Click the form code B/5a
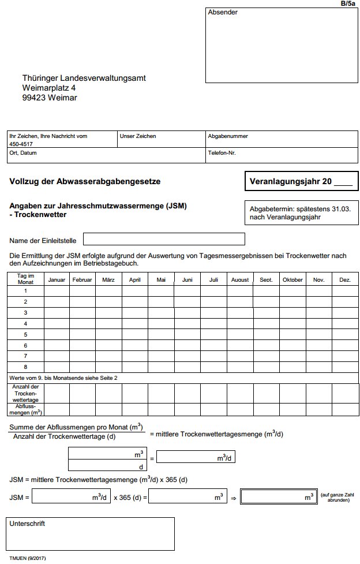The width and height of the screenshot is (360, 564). pos(348,3)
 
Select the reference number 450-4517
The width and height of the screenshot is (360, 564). pos(21,144)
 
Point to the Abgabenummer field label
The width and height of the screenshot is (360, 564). pos(228,136)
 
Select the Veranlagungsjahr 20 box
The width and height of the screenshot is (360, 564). pos(301,181)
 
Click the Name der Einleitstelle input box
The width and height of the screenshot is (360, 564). pos(164,239)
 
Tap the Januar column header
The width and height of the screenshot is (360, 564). pos(57,280)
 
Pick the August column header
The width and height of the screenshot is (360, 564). pos(240,280)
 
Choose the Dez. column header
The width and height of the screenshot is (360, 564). pos(345,280)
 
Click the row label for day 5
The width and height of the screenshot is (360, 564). pos(25,334)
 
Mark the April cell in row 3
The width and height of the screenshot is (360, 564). pos(135,312)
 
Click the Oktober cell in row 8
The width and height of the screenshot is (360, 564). pos(292,367)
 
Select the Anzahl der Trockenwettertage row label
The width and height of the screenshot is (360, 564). pos(25,393)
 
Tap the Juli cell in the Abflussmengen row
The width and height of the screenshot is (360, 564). pos(213,409)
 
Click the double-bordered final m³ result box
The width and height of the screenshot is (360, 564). pos(279,497)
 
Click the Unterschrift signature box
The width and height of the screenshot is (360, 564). pos(91,533)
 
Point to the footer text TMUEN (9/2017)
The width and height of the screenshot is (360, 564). pos(28,558)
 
